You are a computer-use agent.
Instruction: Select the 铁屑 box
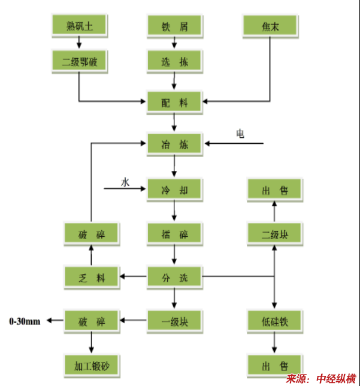[174, 26]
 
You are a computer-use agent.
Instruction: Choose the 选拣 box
[174, 61]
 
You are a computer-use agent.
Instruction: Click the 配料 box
[174, 102]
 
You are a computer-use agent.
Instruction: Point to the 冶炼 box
[174, 144]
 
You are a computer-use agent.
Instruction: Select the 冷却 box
[174, 190]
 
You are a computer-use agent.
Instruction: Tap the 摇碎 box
[174, 233]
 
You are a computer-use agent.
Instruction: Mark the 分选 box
[174, 277]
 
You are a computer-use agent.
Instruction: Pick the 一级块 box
[174, 321]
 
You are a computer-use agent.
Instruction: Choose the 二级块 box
[275, 233]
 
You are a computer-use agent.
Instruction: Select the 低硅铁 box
[275, 321]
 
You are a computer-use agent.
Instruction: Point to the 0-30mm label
[25, 321]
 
